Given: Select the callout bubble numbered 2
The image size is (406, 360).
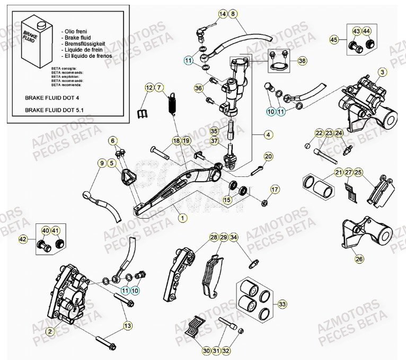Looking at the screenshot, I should click(x=50, y=331).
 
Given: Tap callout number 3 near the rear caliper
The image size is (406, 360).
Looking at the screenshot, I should click(x=382, y=71).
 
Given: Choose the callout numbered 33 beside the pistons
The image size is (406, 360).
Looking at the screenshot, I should click(x=283, y=304).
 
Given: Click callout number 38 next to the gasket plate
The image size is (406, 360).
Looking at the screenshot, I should click(x=302, y=61).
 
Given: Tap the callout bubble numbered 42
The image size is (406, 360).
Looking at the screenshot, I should click(x=22, y=239).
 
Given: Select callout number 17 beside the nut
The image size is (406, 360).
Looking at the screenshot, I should click(x=275, y=190).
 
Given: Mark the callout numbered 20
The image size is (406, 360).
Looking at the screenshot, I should click(x=268, y=157).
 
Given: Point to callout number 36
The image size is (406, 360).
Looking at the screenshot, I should click(x=199, y=88).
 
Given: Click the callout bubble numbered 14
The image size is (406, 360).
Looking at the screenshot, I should click(x=222, y=13).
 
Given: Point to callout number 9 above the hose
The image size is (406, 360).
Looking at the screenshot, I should click(x=101, y=164).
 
